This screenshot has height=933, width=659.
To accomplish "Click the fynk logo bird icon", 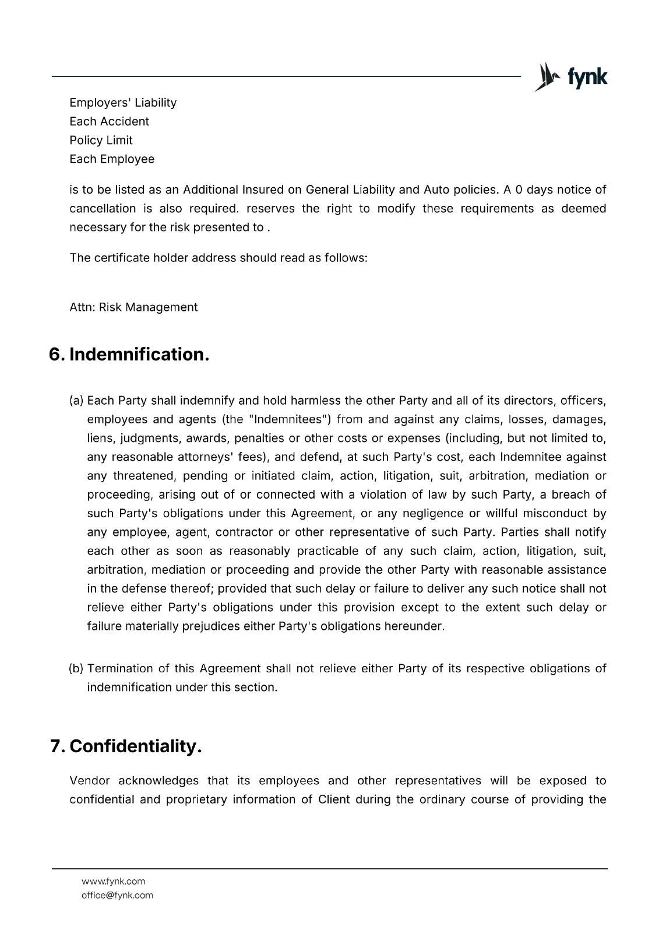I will [546, 77].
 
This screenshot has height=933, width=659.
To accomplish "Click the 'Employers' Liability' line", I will [123, 103].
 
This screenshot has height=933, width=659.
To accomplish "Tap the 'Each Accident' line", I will [109, 121].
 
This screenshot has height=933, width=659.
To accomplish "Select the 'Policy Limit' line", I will [101, 140].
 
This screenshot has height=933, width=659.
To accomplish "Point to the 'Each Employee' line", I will [112, 159].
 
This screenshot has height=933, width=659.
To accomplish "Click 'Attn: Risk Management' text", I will [133, 307].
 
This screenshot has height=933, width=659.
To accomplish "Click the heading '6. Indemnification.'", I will [129, 354].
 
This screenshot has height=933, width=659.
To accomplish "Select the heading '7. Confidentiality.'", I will [126, 746].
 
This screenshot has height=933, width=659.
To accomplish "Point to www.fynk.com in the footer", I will [113, 881].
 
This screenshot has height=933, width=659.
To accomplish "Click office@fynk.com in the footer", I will [117, 895].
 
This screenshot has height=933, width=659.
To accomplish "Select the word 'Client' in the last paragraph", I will [334, 799].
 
